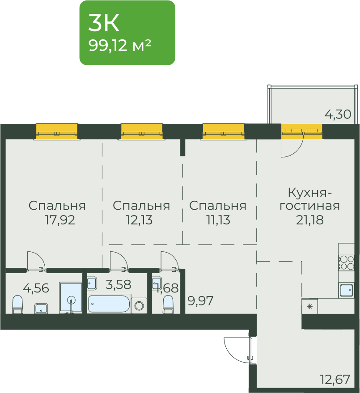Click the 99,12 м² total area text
pyautogui.click(x=120, y=46)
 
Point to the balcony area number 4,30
pyautogui.click(x=338, y=114)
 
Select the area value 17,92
pyautogui.click(x=59, y=220)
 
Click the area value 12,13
pyautogui.click(x=139, y=220)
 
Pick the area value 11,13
pyautogui.click(x=218, y=220)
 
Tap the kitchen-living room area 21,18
pyautogui.click(x=309, y=220)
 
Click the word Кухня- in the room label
pyautogui.click(x=309, y=193)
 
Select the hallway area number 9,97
pyautogui.click(x=200, y=301)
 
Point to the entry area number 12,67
pyautogui.click(x=335, y=380)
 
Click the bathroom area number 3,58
pyautogui.click(x=119, y=284)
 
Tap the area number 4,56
pyautogui.click(x=36, y=288)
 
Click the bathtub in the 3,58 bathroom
pyautogui.click(x=109, y=304)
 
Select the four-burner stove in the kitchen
pyautogui.click(x=346, y=262)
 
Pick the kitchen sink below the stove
pyautogui.click(x=347, y=291)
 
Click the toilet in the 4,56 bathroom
pyautogui.click(x=17, y=304)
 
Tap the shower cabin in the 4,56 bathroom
pyautogui.click(x=71, y=297)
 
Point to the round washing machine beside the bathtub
pyautogui.click(x=139, y=305)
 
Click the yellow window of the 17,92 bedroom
pyautogui.click(x=57, y=131)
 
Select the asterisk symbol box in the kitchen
pyautogui.click(x=310, y=306)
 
